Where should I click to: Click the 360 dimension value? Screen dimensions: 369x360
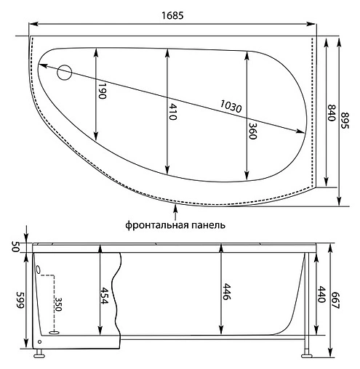[x=252, y=130]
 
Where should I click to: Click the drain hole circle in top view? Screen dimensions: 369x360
[x=65, y=72]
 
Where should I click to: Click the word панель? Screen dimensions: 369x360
[x=206, y=225]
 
